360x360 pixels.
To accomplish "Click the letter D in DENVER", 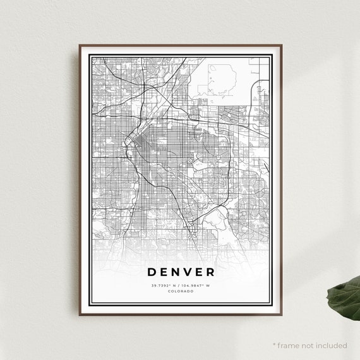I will click(x=152, y=273).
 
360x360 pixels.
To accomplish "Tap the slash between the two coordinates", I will click(x=181, y=285).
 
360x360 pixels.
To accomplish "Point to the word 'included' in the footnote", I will click(x=332, y=345).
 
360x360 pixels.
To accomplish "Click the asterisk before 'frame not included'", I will click(x=274, y=345).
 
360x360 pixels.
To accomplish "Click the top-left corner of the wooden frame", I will click(x=80, y=45).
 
